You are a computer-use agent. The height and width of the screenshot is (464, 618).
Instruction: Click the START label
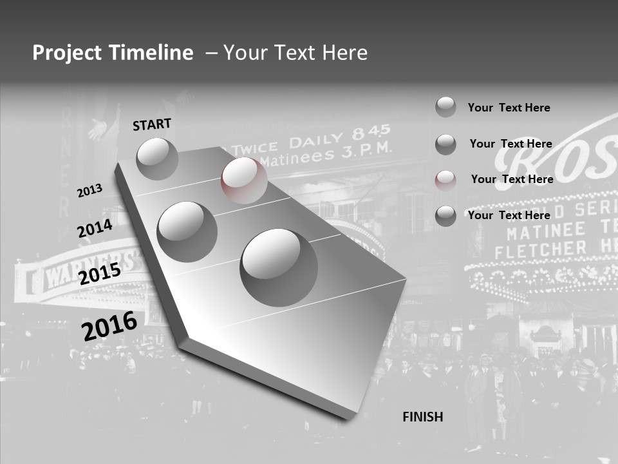tap(152, 124)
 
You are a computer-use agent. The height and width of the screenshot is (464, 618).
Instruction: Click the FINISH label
tap(422, 417)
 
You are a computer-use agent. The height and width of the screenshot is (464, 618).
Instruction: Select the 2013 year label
tap(89, 191)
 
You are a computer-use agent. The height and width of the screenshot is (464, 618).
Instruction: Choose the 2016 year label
tap(109, 325)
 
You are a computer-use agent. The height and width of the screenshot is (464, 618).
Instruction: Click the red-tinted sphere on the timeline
tap(244, 180)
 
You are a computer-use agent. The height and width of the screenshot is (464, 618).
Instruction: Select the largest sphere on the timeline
tap(279, 267)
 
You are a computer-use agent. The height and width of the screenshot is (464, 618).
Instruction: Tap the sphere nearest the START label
tap(157, 159)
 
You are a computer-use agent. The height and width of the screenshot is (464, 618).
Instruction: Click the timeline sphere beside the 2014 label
tap(187, 231)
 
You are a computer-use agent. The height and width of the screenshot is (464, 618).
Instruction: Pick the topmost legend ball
tap(445, 107)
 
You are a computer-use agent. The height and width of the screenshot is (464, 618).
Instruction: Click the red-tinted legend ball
tap(445, 180)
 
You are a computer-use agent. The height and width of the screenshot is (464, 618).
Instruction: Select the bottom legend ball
tap(445, 216)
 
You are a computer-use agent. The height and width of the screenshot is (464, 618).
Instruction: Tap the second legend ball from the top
tap(445, 144)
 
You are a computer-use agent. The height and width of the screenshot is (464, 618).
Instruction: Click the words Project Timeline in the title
tap(113, 53)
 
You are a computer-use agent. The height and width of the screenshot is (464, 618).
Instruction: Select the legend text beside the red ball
tap(512, 179)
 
